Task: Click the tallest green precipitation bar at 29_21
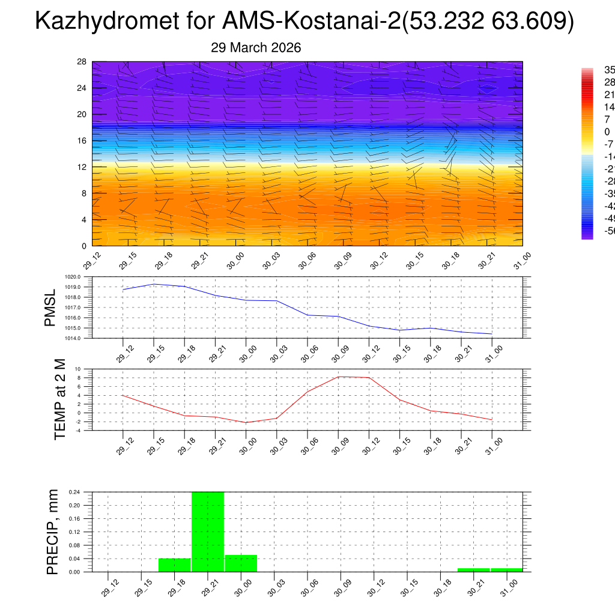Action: point(208,532)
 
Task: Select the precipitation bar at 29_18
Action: point(175,565)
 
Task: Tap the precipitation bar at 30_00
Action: point(241,563)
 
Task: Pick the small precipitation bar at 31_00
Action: point(506,569)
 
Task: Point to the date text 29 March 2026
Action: point(256,47)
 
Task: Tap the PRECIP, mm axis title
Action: point(53,532)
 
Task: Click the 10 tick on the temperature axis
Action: point(77,369)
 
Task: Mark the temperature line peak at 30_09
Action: point(338,377)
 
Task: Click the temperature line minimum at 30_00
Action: point(246,422)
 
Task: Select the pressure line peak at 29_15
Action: point(154,284)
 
